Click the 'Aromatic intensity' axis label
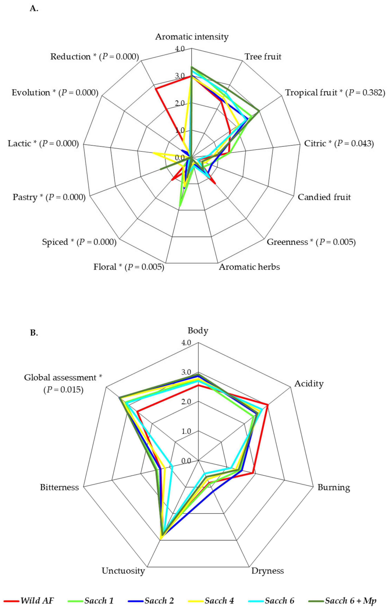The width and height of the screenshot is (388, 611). pyautogui.click(x=192, y=37)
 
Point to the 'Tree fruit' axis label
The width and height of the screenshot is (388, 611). pyautogui.click(x=263, y=56)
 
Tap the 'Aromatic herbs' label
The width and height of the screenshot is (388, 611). pyautogui.click(x=249, y=267)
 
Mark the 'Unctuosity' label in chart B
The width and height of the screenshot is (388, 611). pyautogui.click(x=123, y=571)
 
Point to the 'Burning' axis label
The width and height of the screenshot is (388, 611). pyautogui.click(x=334, y=487)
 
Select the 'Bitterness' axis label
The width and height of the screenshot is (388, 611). pyautogui.click(x=59, y=487)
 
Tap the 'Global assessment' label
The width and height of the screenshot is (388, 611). pyautogui.click(x=63, y=378)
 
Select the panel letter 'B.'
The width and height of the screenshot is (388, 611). pyautogui.click(x=34, y=332)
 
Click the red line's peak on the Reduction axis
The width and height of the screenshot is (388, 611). pyautogui.click(x=156, y=88)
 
